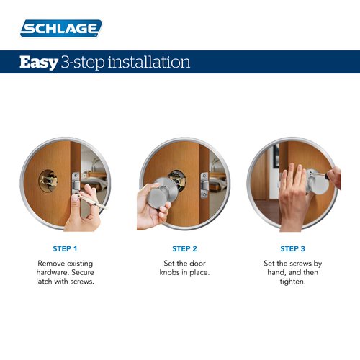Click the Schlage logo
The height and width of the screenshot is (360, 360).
pos(61,28)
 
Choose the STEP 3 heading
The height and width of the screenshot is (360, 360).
pos(292,248)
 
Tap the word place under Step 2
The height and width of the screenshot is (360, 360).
pos(207,274)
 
